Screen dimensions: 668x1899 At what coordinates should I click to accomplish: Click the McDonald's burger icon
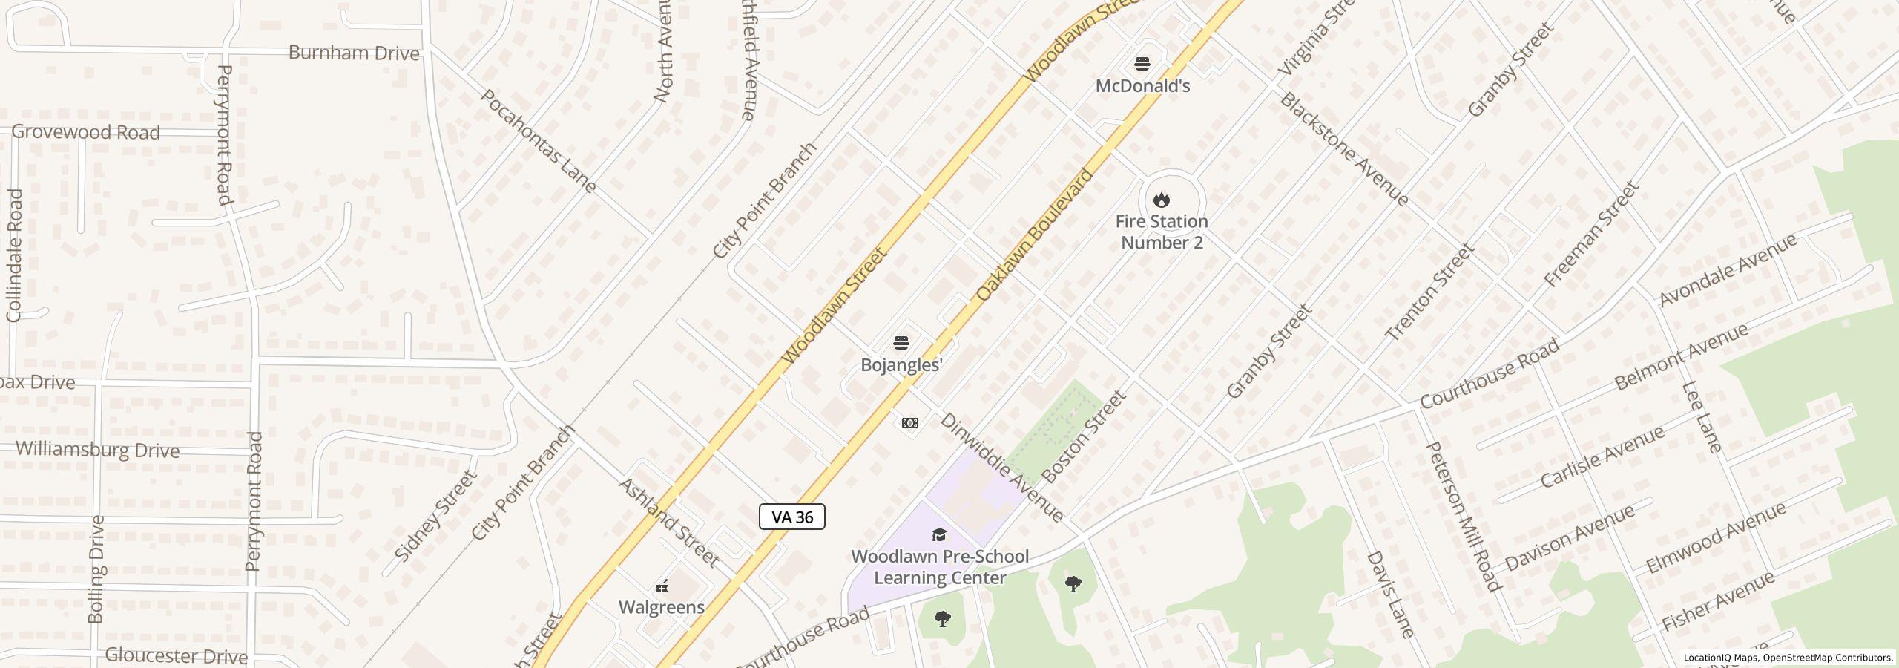[1142, 62]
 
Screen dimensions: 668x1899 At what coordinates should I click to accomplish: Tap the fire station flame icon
[1161, 199]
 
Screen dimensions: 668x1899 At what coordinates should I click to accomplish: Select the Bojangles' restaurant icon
[901, 342]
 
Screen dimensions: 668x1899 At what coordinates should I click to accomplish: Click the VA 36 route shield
[792, 517]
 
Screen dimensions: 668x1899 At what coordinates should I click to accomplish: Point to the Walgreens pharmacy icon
[662, 586]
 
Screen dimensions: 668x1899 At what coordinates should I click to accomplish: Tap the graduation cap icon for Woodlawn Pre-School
[939, 534]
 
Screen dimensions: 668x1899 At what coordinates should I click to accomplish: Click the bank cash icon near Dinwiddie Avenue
[910, 423]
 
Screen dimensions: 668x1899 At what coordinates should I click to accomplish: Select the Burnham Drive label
[354, 53]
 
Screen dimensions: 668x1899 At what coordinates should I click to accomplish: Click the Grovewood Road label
[85, 132]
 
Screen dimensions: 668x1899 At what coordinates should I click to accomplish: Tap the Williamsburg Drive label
[97, 451]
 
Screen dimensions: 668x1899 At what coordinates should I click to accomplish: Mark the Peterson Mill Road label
[1463, 517]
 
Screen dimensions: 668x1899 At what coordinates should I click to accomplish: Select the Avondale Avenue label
[1728, 269]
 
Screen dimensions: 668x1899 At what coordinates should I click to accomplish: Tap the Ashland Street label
[669, 523]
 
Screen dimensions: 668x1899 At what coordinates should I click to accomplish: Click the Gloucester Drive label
[177, 656]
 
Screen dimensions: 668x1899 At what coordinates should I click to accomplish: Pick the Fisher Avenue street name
[1719, 601]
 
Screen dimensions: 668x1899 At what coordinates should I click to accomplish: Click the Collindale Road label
[14, 255]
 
